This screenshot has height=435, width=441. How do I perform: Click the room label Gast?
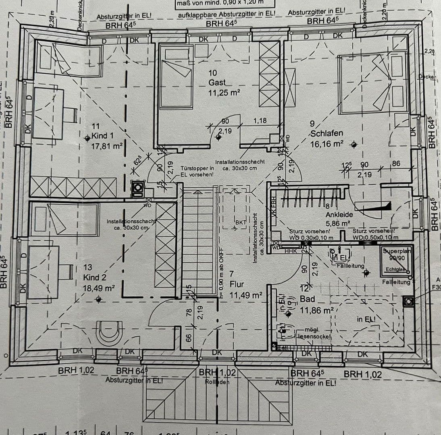coord(217,83)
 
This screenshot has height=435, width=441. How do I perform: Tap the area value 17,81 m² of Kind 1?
coord(107,146)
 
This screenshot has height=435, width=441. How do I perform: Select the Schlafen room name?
coord(327,133)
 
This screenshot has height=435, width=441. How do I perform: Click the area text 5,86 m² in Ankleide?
coord(337,223)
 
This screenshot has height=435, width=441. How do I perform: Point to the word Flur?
coord(237,284)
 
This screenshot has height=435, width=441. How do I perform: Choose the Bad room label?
coord(307,300)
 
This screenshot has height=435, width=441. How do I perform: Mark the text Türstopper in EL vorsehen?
coord(197,172)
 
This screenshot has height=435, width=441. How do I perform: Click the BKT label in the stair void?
coord(240,222)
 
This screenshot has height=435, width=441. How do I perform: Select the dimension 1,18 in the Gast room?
coord(260,121)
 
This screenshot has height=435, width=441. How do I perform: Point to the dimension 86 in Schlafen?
coord(396,164)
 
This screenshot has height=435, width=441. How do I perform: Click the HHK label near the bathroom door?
coord(290,251)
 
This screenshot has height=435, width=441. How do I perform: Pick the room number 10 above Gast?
coord(213,73)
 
